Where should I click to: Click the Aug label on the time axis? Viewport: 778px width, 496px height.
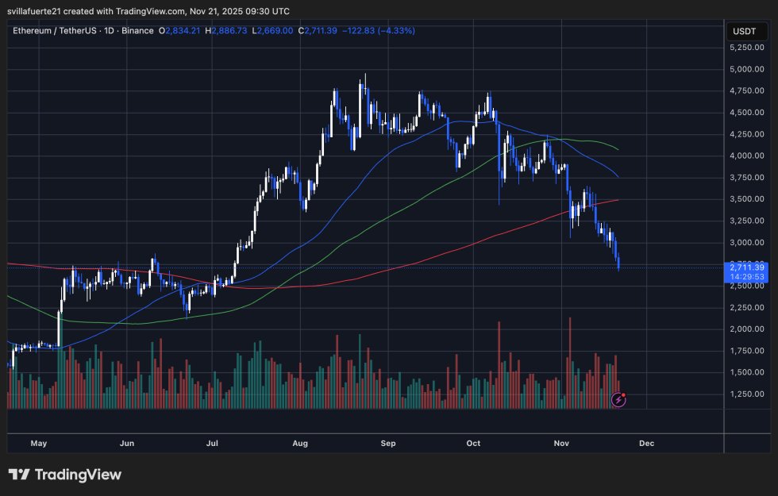300,443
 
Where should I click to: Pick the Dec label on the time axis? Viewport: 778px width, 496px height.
646,443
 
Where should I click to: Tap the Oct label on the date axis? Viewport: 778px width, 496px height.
473,443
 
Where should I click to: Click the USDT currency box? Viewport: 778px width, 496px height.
745,32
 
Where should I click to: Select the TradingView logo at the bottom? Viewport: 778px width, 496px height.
65,475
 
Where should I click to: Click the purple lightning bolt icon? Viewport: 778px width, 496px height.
618,400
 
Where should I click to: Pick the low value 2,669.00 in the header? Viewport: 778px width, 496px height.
275,30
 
